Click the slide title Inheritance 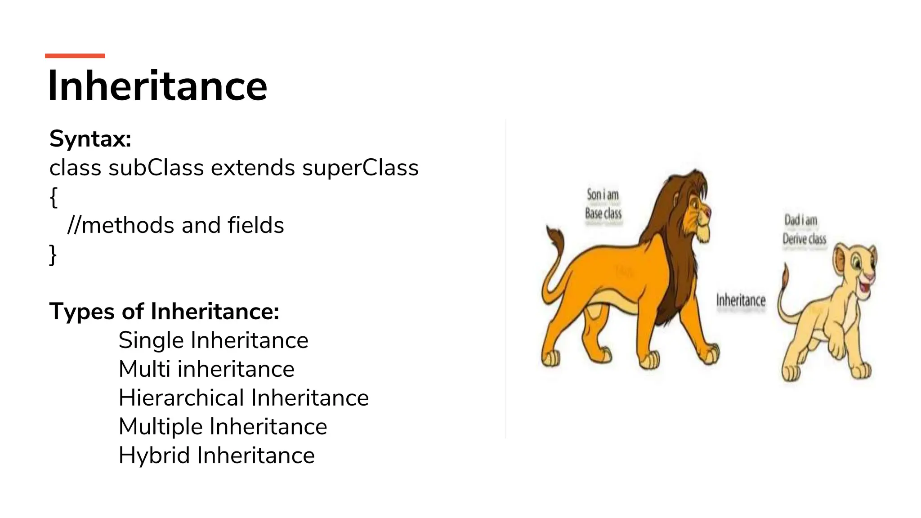pos(157,86)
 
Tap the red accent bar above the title pos(75,56)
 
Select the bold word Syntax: pos(90,138)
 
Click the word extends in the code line pos(253,168)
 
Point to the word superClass pos(360,168)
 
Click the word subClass pos(156,168)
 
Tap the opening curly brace pos(54,197)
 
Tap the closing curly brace pos(53,255)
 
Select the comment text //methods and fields pos(176,225)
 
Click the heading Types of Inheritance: pos(164,311)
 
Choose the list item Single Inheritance pos(213,340)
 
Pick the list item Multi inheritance pos(206,369)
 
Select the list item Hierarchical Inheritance pos(243,398)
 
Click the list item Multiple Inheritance pos(223,427)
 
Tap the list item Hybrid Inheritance pos(216,455)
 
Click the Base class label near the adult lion pos(603,213)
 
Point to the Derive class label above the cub pos(804,239)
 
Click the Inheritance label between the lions pos(741,300)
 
